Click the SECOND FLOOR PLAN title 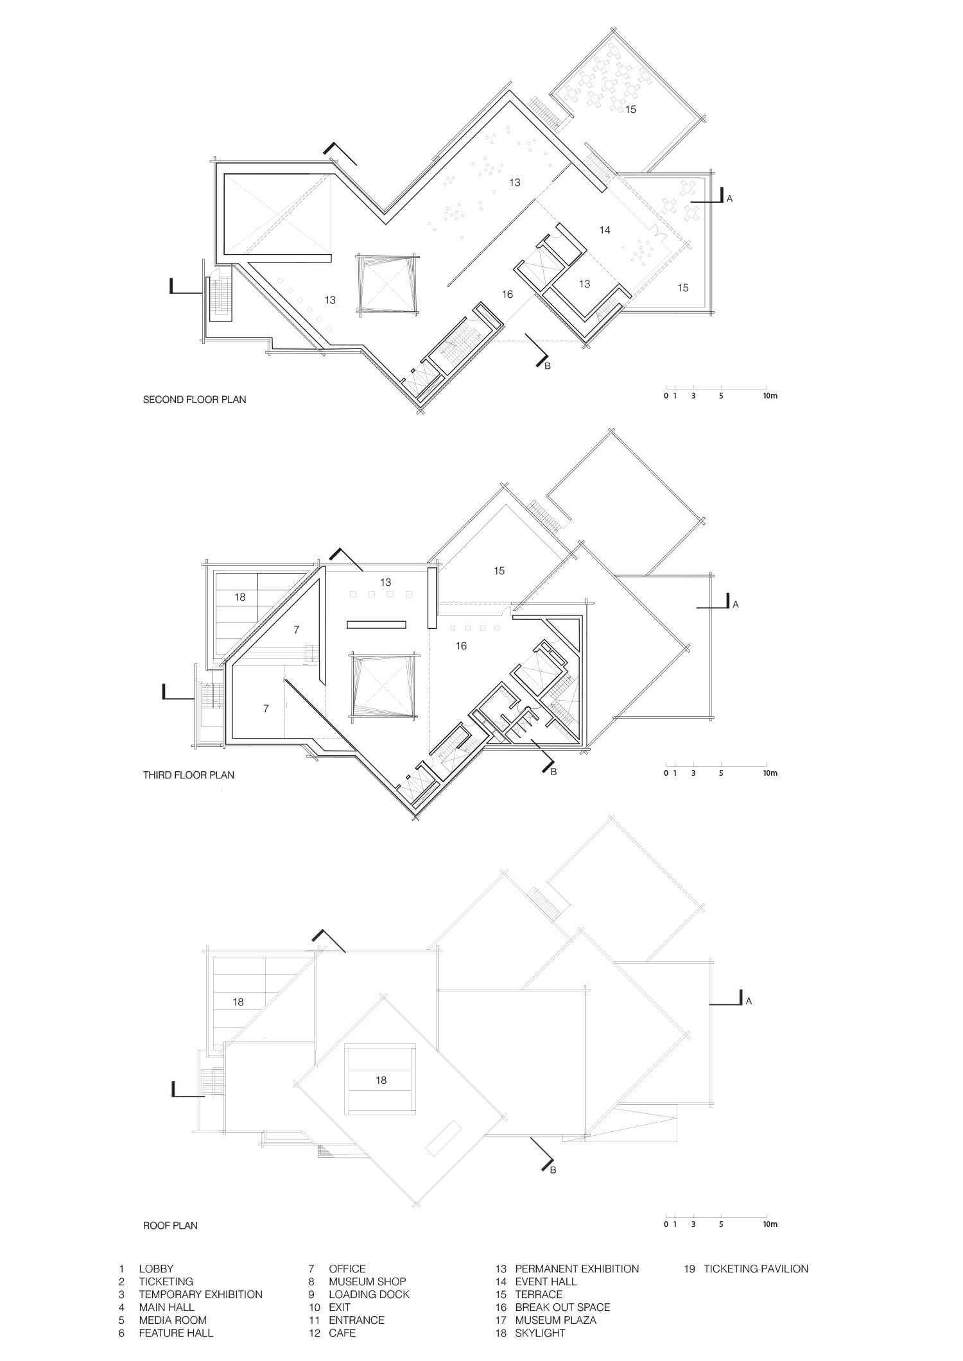[x=194, y=400]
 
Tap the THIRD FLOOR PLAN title [x=188, y=775]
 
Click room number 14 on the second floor [x=604, y=230]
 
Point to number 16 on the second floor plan [x=507, y=294]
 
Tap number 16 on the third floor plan [x=461, y=646]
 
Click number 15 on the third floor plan [x=499, y=570]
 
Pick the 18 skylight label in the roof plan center [x=381, y=1081]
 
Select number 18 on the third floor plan [x=239, y=597]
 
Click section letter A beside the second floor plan [x=729, y=200]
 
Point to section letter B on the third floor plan [x=553, y=772]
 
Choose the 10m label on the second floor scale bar [x=770, y=396]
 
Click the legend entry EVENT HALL [x=546, y=1281]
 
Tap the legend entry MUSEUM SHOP [x=367, y=1281]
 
